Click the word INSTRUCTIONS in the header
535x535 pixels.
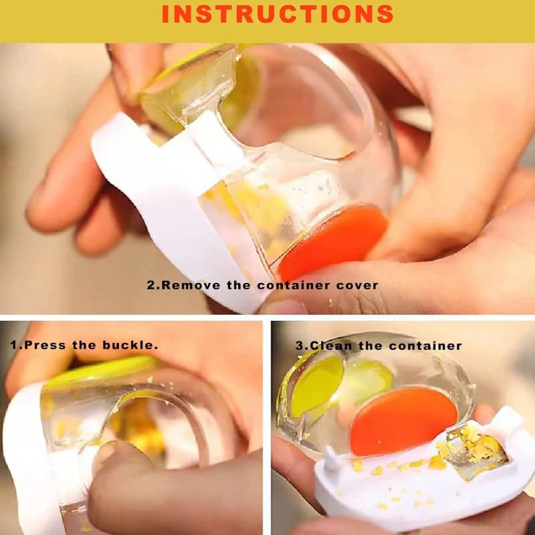(x=278, y=14)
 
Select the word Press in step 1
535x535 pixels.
(x=44, y=345)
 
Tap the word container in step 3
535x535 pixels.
(x=425, y=346)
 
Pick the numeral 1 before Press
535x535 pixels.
(x=13, y=345)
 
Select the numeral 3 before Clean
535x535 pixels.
(x=299, y=346)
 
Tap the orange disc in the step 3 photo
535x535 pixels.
(x=403, y=421)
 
